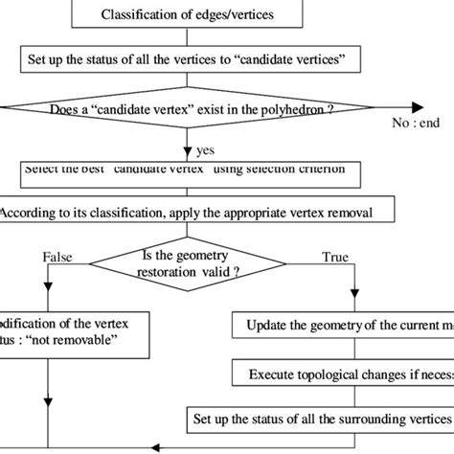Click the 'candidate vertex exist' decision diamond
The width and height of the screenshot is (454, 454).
192,109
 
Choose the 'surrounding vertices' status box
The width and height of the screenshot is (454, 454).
319,418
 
